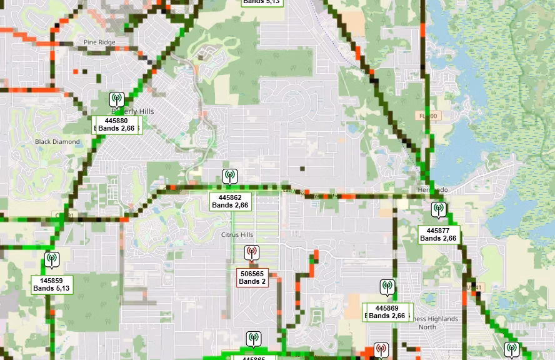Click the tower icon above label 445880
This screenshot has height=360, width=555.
pyautogui.click(x=116, y=99)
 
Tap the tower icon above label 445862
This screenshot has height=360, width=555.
pyautogui.click(x=230, y=176)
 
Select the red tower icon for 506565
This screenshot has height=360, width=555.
pyautogui.click(x=252, y=252)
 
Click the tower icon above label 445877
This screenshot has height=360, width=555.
pyautogui.click(x=439, y=209)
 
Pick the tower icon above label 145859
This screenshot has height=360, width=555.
pyautogui.click(x=51, y=259)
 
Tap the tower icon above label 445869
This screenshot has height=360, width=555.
pyautogui.click(x=387, y=287)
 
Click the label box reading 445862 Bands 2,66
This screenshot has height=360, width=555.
pyautogui.click(x=230, y=201)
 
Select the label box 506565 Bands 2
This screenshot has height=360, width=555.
pyautogui.click(x=252, y=277)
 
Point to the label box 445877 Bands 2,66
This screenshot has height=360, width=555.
pyautogui.click(x=438, y=234)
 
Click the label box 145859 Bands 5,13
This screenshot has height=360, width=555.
pyautogui.click(x=52, y=284)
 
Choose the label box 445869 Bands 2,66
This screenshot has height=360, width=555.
pyautogui.click(x=387, y=312)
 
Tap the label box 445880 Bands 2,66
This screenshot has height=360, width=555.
pyautogui.click(x=116, y=124)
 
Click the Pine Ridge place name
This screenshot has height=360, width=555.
pyautogui.click(x=99, y=42)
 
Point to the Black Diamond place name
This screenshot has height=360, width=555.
pyautogui.click(x=57, y=142)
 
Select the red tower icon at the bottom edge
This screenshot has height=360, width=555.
pyautogui.click(x=381, y=351)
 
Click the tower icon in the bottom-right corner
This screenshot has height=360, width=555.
pyautogui.click(x=511, y=350)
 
